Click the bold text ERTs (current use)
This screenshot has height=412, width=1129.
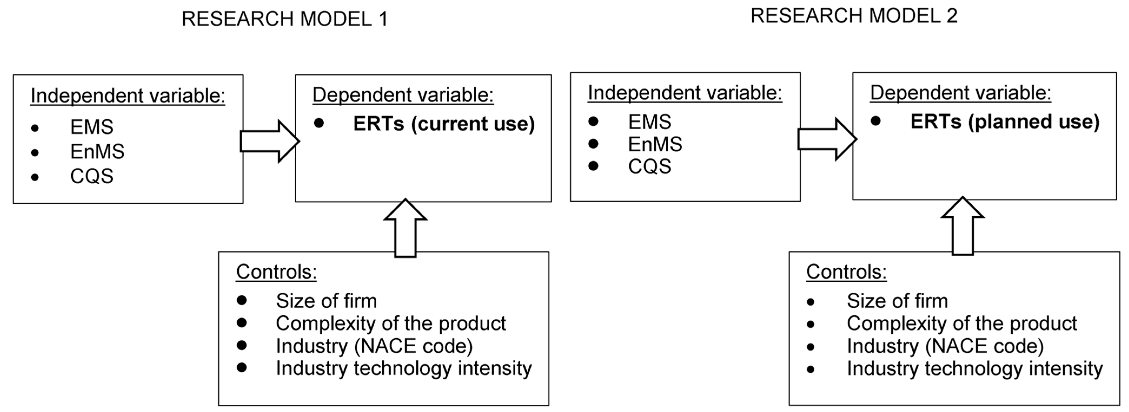pos(444,124)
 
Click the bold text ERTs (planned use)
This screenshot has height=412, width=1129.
pos(1005,122)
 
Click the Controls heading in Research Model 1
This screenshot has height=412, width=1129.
pos(276,272)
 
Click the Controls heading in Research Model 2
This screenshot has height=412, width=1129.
pos(846,272)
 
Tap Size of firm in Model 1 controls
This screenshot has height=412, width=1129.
pos(326,301)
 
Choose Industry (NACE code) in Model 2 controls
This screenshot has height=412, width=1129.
pos(945,346)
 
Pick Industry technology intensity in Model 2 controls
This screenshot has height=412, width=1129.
pos(974,369)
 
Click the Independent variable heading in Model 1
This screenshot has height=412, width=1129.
pos(128,96)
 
